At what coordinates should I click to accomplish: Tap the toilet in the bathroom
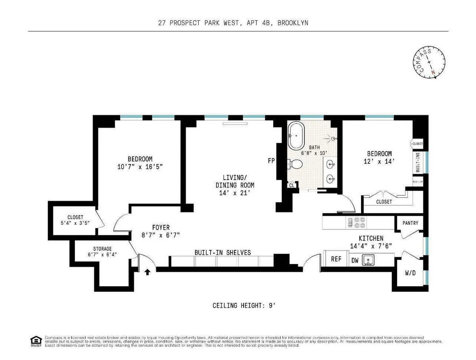point(295,163)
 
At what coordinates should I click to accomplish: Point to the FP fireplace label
point(271,161)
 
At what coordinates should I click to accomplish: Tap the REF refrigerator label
point(336,259)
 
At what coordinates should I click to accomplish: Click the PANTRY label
point(410,223)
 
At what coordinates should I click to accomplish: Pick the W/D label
point(410,273)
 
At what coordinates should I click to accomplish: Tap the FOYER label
point(161,228)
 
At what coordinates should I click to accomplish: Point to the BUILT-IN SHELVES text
point(222,252)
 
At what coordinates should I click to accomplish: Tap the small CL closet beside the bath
point(292,185)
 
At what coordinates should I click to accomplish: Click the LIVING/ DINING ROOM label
point(235,185)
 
